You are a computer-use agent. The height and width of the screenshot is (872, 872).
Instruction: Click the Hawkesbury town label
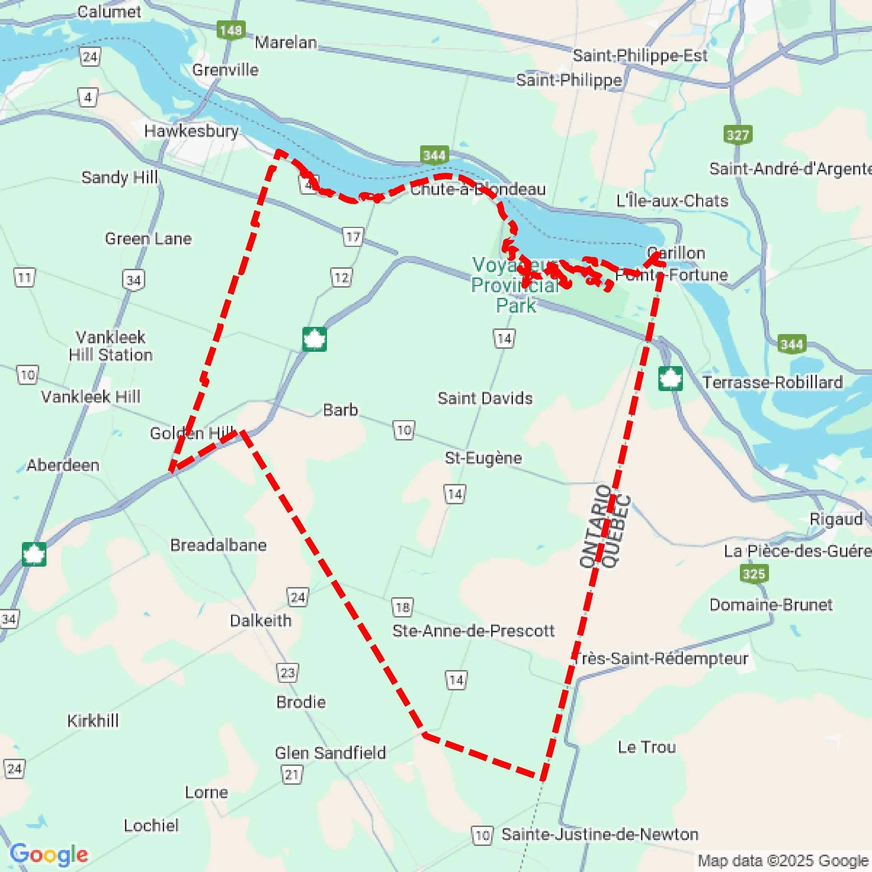[191, 131]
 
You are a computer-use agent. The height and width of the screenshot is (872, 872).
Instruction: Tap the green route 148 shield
[231, 30]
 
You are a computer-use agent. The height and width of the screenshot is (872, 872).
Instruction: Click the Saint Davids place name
[485, 399]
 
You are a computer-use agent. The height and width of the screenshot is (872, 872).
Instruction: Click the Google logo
[49, 854]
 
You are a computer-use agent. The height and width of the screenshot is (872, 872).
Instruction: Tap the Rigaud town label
[836, 519]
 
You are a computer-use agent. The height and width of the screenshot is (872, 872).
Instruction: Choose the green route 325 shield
[754, 574]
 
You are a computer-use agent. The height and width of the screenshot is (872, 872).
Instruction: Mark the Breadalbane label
[218, 545]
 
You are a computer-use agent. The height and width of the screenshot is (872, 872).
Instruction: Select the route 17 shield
[353, 237]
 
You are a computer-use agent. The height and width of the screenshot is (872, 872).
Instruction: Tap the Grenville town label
[225, 70]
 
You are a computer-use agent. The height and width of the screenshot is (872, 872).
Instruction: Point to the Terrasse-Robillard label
[772, 383]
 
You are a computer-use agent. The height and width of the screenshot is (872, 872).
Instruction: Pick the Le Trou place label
[646, 747]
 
